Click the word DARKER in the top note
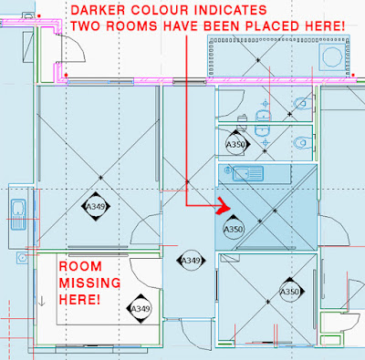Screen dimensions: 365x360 pyautogui.click(x=98, y=10)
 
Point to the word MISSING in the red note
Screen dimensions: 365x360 pyautogui.click(x=89, y=283)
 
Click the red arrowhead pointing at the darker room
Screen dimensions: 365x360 pyautogui.click(x=224, y=206)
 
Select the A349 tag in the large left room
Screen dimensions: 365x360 pyautogui.click(x=96, y=207)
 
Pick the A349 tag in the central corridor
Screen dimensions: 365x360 pyautogui.click(x=191, y=261)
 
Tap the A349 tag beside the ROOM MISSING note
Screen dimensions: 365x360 pyautogui.click(x=141, y=309)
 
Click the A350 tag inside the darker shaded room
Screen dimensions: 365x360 pyautogui.click(x=234, y=229)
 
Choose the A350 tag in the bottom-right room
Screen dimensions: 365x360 pyautogui.click(x=289, y=292)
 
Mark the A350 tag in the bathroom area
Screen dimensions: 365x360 pyautogui.click(x=236, y=144)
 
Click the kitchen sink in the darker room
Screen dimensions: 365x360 pyautogui.click(x=247, y=173)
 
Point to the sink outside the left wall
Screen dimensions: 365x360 pyautogui.click(x=18, y=214)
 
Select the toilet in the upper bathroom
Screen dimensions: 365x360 pyautogui.click(x=303, y=104)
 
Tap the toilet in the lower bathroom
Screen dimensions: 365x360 pyautogui.click(x=303, y=142)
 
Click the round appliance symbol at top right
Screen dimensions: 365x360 pyautogui.click(x=332, y=57)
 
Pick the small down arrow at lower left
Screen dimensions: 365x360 pyautogui.click(x=42, y=301)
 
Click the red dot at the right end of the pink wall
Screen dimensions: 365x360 pyautogui.click(x=353, y=75)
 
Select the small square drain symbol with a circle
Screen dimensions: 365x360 pyautogui.click(x=22, y=258)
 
